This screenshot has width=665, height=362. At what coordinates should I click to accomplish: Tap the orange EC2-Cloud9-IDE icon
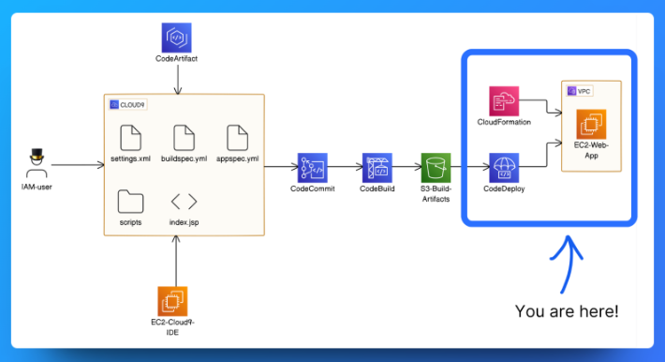pyautogui.click(x=172, y=301)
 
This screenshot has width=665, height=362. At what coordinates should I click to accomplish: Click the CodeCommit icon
pyautogui.click(x=312, y=168)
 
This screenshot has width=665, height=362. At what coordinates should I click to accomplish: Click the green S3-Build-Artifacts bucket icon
pyautogui.click(x=436, y=168)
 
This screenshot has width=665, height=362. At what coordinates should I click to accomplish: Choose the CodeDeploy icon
pyautogui.click(x=504, y=168)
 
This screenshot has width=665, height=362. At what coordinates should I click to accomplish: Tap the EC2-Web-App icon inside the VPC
pyautogui.click(x=592, y=124)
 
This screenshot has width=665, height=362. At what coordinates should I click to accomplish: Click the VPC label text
pyautogui.click(x=584, y=90)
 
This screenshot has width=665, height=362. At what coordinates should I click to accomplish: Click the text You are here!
pyautogui.click(x=566, y=310)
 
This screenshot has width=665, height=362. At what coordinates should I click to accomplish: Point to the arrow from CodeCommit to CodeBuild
pyautogui.click(x=344, y=168)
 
